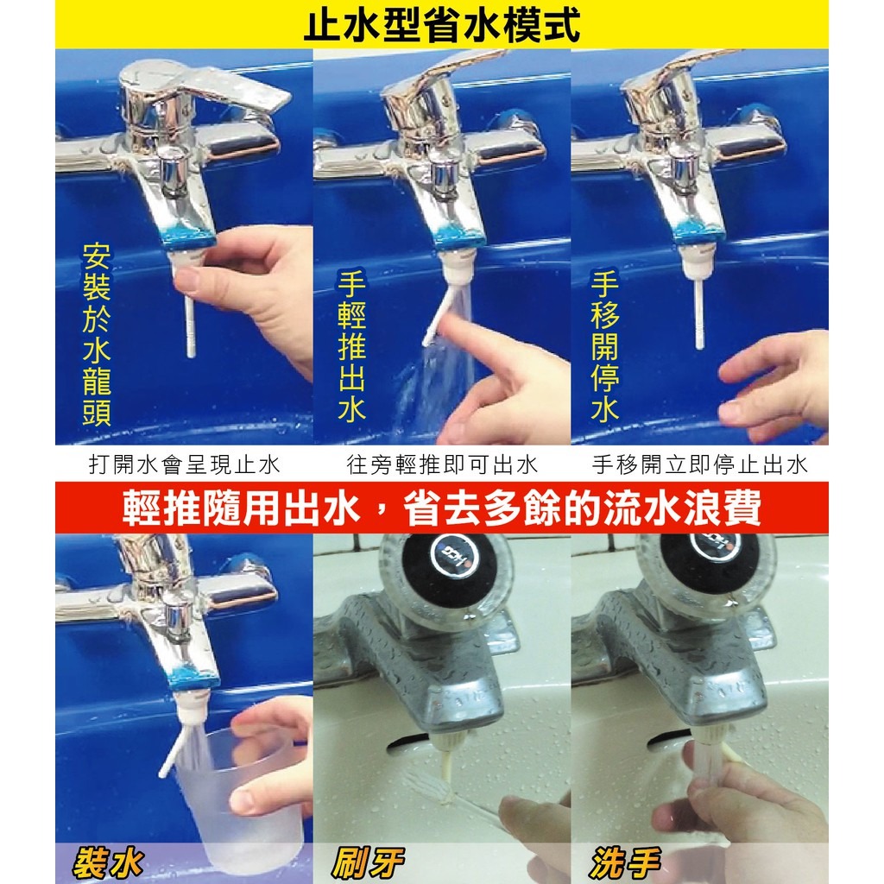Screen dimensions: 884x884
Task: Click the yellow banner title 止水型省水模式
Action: tap(442, 24)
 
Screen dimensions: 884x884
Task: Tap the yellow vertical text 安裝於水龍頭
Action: tap(96, 334)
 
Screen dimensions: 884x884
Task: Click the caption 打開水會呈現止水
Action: tap(185, 464)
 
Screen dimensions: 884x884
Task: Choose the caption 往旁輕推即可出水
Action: tap(442, 464)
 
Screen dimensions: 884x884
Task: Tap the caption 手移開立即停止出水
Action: tap(699, 464)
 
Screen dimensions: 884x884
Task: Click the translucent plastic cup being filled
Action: tap(233, 786)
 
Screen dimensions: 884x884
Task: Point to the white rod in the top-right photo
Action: tap(699, 311)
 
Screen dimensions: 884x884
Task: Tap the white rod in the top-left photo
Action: tap(190, 319)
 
